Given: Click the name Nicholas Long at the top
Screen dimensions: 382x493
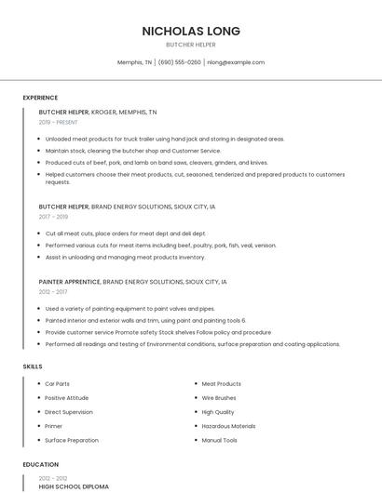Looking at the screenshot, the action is click(190, 31).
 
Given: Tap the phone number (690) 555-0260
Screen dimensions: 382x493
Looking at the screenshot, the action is click(180, 62).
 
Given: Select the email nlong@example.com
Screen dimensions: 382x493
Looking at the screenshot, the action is click(236, 62).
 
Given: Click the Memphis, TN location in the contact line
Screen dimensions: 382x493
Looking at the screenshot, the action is click(134, 62).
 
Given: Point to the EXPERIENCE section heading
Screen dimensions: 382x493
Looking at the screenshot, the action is click(40, 98).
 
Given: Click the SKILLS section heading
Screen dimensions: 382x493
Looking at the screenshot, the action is click(33, 366).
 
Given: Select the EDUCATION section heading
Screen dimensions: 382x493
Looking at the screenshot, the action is click(41, 464).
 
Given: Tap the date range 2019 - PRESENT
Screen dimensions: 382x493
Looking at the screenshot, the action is click(59, 122).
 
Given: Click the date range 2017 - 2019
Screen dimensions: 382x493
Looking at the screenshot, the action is click(53, 217).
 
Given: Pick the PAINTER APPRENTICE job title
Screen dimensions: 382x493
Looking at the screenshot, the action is click(70, 281).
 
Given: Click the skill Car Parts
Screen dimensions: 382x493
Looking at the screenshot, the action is click(58, 383).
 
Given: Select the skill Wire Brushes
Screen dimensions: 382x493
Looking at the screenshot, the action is click(219, 397).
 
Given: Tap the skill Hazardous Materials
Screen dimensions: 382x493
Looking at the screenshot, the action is click(228, 426).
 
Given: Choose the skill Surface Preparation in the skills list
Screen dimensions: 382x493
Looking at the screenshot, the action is click(72, 440).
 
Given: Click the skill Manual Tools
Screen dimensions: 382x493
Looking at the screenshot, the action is click(220, 440).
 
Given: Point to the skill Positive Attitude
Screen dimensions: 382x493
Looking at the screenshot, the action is click(68, 397).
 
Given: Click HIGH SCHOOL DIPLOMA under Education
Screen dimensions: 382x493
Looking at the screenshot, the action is click(74, 486).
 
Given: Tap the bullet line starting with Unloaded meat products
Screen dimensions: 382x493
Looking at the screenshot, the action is click(164, 139).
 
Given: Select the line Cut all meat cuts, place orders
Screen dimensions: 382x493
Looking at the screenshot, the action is click(125, 233).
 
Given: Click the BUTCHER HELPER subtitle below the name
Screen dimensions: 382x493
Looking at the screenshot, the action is click(190, 45).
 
